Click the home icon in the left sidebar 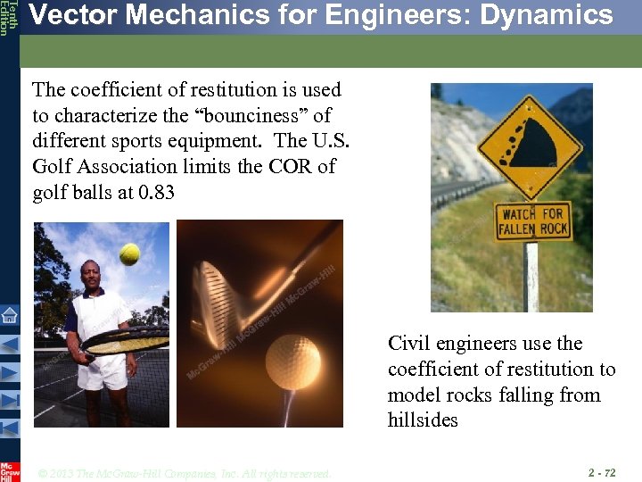pos(9,314)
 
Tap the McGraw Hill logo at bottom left pos(9,471)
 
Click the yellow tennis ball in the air pos(130,253)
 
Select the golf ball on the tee pos(293,361)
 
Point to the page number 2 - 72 pos(601,471)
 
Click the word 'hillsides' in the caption pos(423,420)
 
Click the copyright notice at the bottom pos(185,473)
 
